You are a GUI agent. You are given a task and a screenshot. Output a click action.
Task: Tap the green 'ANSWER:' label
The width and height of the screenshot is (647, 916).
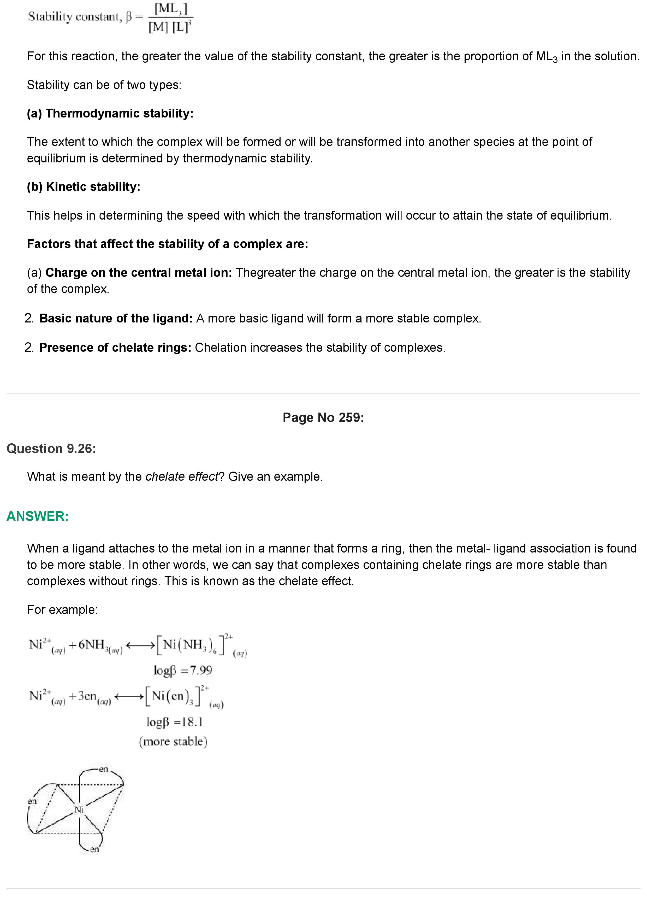38,516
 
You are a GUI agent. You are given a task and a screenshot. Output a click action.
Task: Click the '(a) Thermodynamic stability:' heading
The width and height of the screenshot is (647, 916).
110,113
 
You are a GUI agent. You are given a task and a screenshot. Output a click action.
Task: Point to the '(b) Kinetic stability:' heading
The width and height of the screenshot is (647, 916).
84,187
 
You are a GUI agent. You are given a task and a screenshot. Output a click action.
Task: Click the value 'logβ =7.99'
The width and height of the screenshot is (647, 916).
183,670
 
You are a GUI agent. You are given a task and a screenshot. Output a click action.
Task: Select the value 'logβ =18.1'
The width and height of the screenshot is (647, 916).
175,722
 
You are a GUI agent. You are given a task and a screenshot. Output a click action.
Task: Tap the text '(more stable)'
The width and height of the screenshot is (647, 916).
173,742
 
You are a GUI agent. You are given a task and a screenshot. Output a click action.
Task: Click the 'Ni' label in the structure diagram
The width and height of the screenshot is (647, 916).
79,809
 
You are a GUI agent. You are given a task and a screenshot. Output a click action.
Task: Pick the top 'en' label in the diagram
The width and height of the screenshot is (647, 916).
103,769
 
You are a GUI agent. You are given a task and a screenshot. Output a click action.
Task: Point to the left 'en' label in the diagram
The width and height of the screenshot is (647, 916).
32,801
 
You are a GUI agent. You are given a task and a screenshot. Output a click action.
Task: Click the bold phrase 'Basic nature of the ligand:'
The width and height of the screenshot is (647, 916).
116,318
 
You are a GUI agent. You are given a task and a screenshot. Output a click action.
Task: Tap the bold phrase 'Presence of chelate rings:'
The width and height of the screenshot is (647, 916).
115,348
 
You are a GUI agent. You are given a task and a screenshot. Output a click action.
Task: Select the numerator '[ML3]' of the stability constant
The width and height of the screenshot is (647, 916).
171,9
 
